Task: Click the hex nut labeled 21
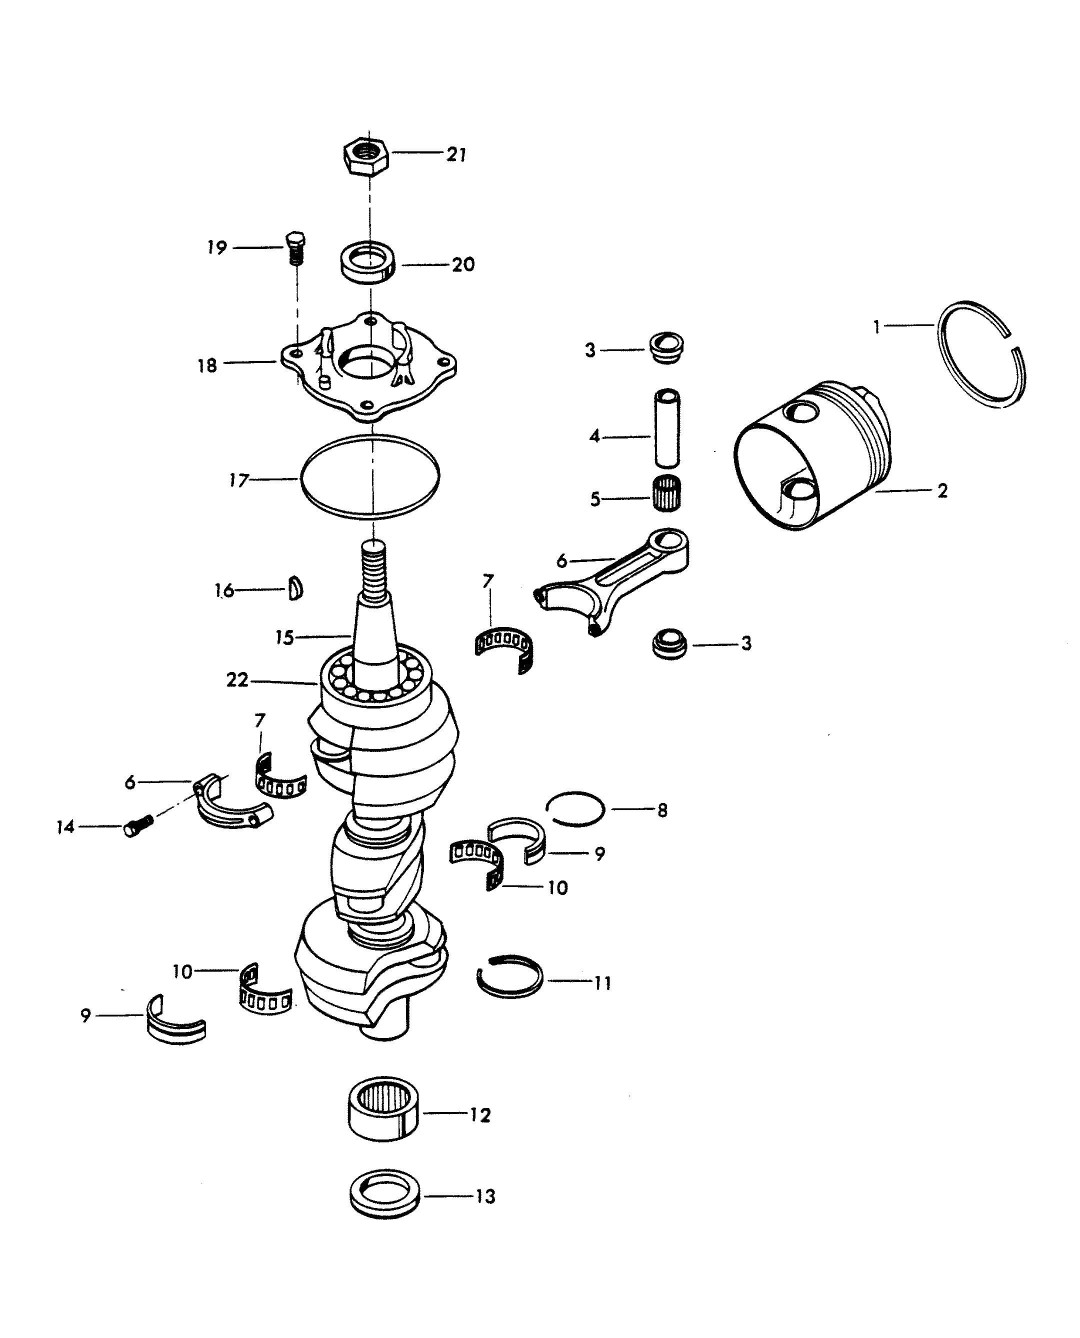tap(366, 158)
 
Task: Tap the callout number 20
tap(463, 264)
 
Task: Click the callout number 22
tap(237, 680)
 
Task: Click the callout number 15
tap(284, 638)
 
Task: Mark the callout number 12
tap(479, 1114)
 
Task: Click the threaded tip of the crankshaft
tap(373, 571)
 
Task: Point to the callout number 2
tap(942, 491)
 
